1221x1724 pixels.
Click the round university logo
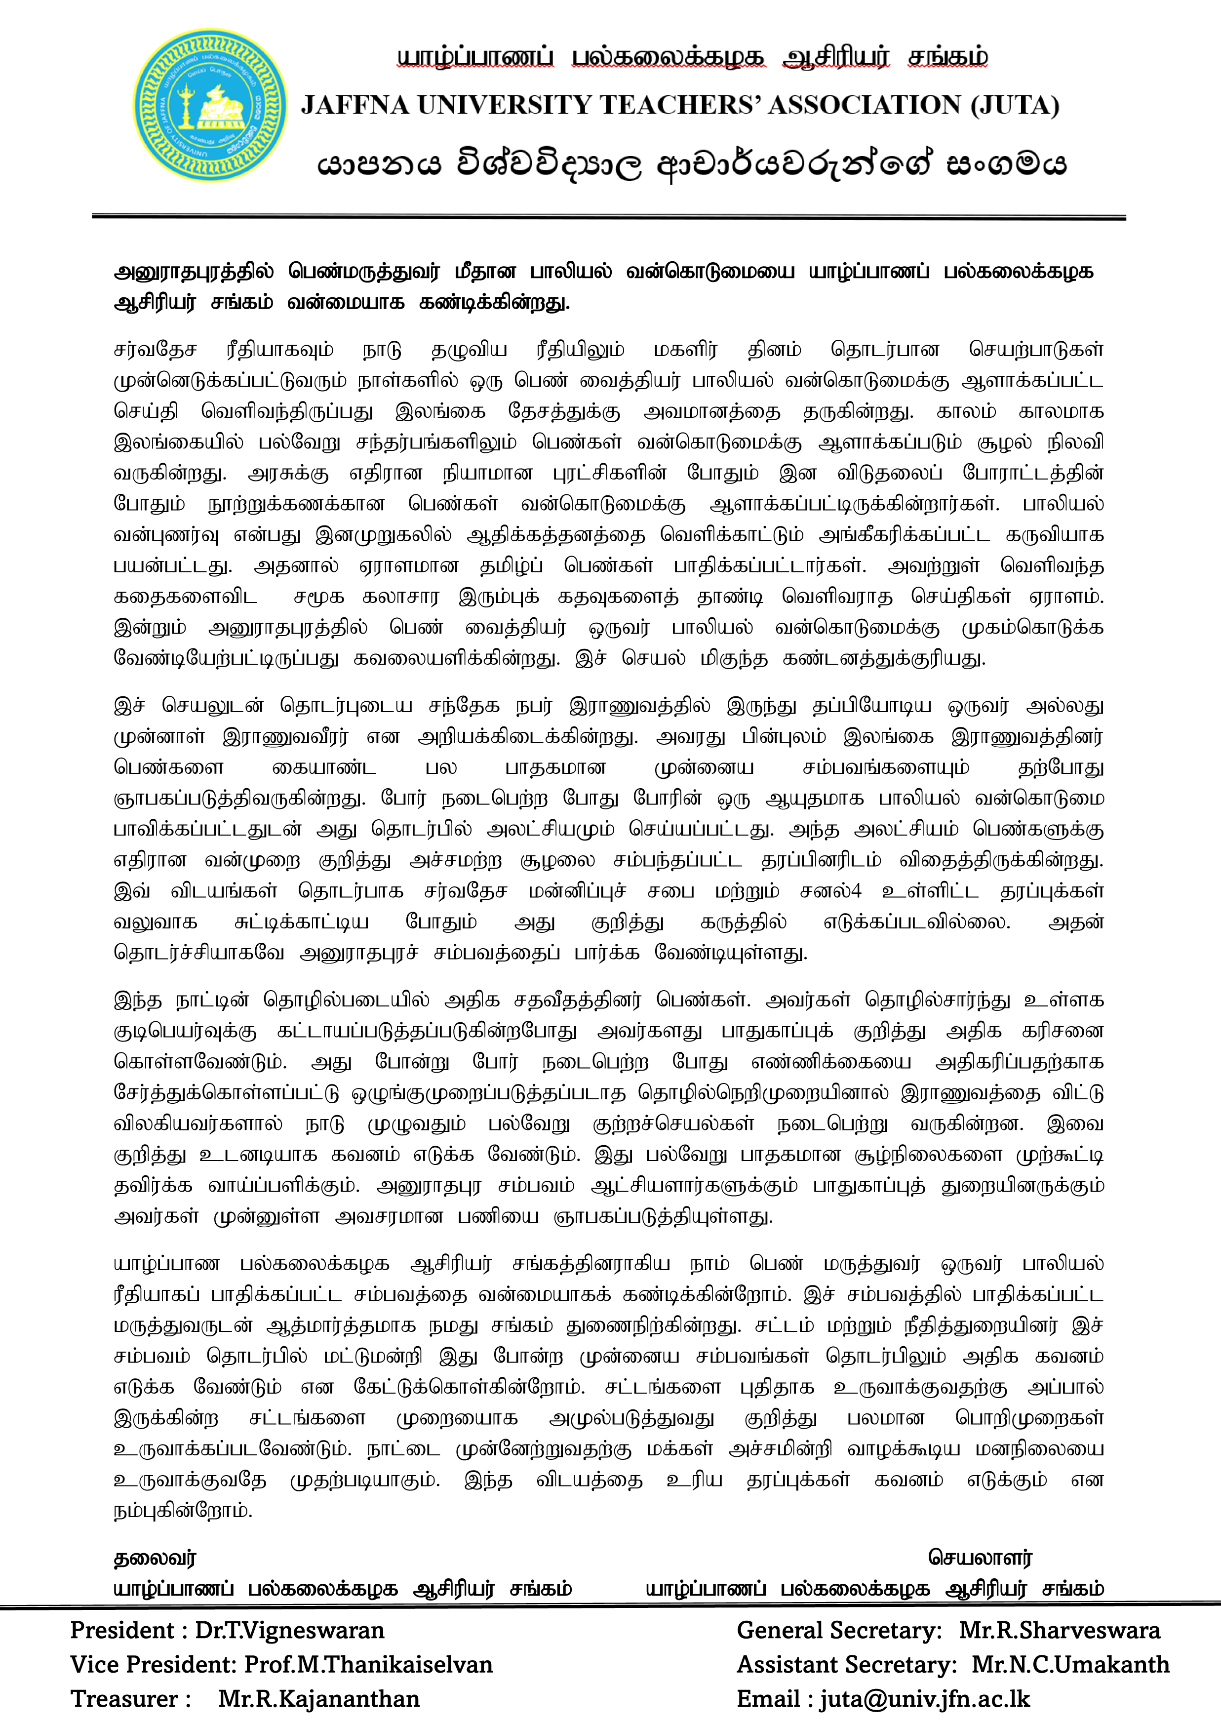pyautogui.click(x=210, y=105)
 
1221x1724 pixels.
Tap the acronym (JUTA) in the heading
pyautogui.click(x=1014, y=105)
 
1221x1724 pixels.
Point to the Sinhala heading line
pyautogui.click(x=692, y=164)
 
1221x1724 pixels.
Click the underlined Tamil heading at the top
pyautogui.click(x=692, y=58)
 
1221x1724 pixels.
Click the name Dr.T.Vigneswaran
pyautogui.click(x=289, y=1630)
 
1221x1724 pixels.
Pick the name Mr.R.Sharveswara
pyautogui.click(x=1060, y=1630)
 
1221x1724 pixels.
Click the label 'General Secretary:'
pyautogui.click(x=839, y=1630)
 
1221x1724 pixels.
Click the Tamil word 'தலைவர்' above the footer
pyautogui.click(x=155, y=1558)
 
